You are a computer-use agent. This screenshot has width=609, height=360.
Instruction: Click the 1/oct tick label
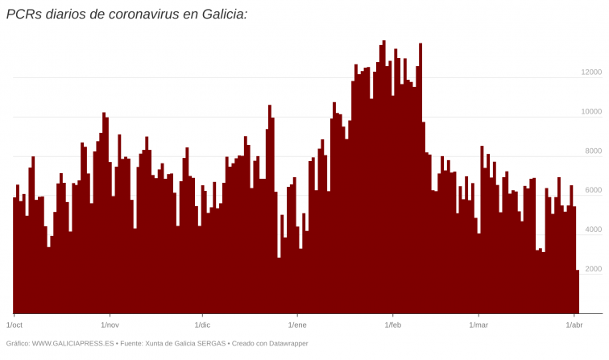(14, 325)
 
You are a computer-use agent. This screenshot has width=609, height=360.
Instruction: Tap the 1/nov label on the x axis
(110, 325)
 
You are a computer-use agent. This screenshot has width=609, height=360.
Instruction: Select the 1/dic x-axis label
(202, 325)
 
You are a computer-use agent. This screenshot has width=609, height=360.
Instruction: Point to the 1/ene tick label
(297, 325)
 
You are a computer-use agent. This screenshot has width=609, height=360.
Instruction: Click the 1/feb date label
(392, 325)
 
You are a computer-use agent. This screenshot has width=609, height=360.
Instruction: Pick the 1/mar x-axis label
(478, 325)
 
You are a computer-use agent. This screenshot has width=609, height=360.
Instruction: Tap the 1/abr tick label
(574, 325)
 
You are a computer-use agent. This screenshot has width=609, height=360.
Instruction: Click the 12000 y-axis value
(591, 72)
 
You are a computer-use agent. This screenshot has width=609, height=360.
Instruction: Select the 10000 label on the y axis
(591, 112)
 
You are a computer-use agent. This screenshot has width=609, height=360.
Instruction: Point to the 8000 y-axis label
(593, 151)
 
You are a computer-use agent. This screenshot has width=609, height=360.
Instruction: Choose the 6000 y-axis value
(593, 190)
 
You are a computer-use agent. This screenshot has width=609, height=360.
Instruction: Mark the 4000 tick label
(593, 230)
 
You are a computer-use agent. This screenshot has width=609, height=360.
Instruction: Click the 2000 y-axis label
(593, 269)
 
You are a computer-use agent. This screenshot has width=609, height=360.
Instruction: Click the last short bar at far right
(578, 292)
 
